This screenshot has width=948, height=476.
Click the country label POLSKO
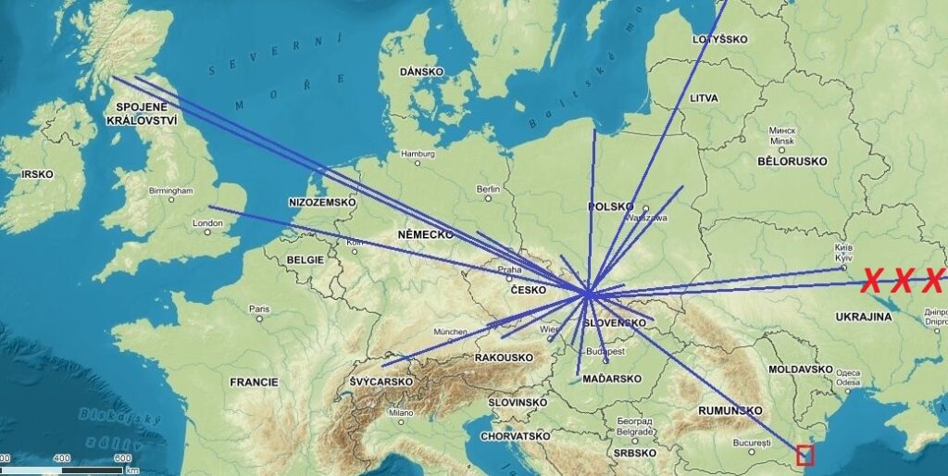coord(610,206)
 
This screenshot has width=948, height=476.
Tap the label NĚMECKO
coord(425,235)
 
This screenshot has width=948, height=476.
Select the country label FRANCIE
coord(254,382)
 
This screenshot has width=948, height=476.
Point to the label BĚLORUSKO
coord(792,161)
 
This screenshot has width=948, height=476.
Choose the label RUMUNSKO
coord(730,410)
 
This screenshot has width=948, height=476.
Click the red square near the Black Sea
coord(805,455)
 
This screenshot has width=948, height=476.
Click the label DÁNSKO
coord(422,71)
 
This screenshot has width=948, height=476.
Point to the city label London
coord(207,223)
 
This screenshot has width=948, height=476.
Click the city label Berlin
coord(488,189)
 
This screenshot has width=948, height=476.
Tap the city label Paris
coord(258,309)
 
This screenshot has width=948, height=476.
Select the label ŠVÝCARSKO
coord(380,382)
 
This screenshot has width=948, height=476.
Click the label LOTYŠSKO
coord(719,40)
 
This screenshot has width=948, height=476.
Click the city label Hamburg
coord(418,154)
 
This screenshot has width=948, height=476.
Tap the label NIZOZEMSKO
coord(320,201)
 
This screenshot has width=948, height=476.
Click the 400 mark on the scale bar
coord(62,458)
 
